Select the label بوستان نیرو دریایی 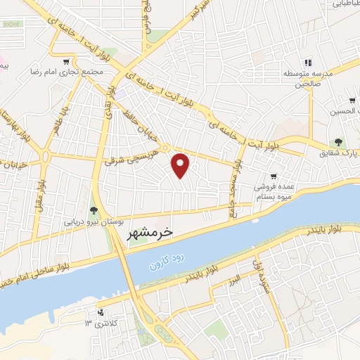pos(94,221)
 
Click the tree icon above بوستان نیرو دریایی pos(94,209)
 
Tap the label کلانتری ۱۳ pos(98,323)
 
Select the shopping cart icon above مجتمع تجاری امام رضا pos(67,61)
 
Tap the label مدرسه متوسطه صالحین pos(305,78)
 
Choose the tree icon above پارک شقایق pos(340,141)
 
